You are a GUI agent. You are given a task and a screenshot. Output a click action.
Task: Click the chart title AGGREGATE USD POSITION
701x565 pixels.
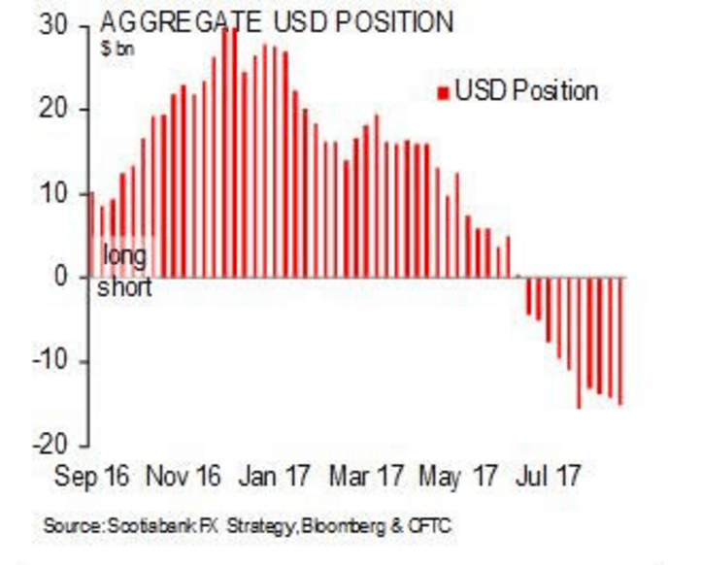pyautogui.click(x=276, y=22)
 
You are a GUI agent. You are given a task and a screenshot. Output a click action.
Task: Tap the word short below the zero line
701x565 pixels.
pyautogui.click(x=125, y=288)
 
